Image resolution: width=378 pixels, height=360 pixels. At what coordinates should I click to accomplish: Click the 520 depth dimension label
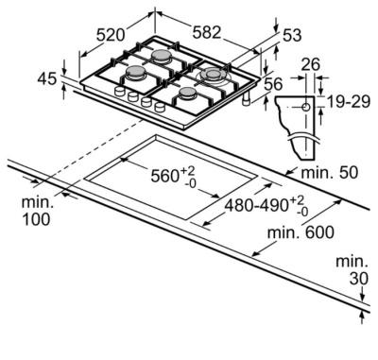(x=111, y=35)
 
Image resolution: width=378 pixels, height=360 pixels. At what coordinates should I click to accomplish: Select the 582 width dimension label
(x=207, y=32)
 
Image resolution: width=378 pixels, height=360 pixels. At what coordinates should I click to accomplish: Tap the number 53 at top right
(x=292, y=35)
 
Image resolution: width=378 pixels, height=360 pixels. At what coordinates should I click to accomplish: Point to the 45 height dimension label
(x=47, y=78)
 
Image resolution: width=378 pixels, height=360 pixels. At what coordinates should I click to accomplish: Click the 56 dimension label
(x=273, y=84)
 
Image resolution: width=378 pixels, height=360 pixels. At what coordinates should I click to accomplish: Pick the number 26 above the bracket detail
(x=311, y=64)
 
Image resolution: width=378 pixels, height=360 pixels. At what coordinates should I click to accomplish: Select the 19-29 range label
(x=349, y=101)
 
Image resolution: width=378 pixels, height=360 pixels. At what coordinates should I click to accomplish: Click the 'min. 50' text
(x=330, y=172)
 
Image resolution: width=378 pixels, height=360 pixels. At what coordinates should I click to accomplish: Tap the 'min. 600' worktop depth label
(x=301, y=232)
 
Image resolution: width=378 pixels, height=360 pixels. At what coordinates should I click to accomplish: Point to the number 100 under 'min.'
(x=36, y=219)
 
